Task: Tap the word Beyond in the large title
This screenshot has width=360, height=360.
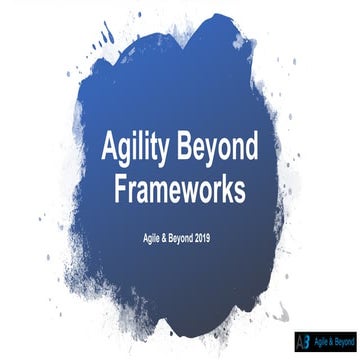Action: [x=225, y=151]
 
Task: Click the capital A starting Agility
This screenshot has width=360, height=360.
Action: [x=112, y=150]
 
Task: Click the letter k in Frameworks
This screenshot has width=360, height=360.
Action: [x=228, y=190]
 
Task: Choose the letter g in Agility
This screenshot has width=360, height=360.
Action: [x=129, y=154]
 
